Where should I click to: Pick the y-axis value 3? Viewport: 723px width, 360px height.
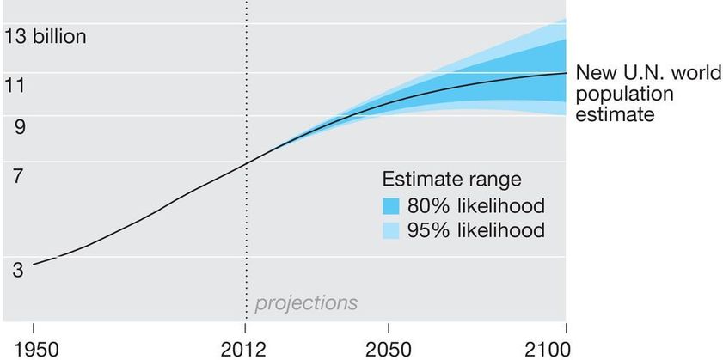click(x=18, y=270)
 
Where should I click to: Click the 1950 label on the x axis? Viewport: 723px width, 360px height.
click(x=33, y=348)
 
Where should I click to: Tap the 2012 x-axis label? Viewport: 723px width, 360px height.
click(x=246, y=348)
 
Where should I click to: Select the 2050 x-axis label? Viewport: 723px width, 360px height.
click(x=389, y=348)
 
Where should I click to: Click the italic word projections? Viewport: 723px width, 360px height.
click(x=305, y=303)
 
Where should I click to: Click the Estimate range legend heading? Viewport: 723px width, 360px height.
click(x=452, y=180)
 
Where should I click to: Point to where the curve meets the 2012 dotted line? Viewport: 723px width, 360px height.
click(x=246, y=163)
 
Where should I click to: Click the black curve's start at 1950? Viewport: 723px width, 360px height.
click(x=34, y=265)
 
